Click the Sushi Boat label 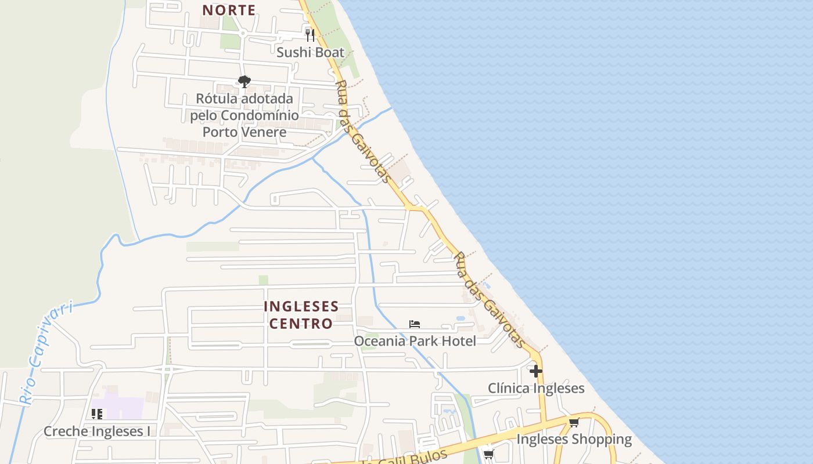[310, 52]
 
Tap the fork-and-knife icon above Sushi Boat [310, 35]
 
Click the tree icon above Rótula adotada [244, 81]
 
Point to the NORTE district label [229, 10]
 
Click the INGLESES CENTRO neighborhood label [301, 314]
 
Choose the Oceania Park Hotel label [415, 340]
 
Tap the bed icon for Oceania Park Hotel [415, 324]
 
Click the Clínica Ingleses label [536, 388]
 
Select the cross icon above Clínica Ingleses [536, 371]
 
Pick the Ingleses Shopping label [574, 439]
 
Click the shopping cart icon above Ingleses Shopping [574, 423]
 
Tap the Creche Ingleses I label [97, 431]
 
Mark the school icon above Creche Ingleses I [97, 414]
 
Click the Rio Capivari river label [46, 351]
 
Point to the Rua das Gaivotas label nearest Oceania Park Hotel [489, 300]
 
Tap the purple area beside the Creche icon [125, 408]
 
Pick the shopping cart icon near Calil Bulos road [488, 455]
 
